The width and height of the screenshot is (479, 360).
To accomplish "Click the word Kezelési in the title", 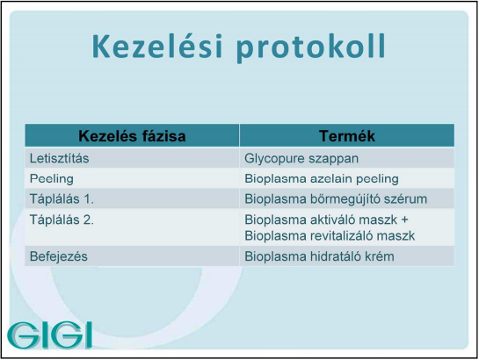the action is point(157,46).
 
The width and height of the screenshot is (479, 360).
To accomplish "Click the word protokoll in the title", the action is point(311,47).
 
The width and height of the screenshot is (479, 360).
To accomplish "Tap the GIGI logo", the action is point(49,335).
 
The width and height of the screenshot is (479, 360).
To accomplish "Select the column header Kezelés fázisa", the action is point(132,136).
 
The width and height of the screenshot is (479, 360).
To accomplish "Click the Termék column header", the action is point(347,136).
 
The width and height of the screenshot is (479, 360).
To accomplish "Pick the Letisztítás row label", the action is point(59,158).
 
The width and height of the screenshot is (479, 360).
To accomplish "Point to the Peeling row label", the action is point(52,179).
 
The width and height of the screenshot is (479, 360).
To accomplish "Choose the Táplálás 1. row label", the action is point(62,199).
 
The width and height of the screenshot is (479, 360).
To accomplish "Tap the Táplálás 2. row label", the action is point(62,220).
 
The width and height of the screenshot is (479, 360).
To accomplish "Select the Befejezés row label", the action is point(59,256).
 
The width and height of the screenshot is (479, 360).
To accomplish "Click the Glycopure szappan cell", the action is point(301,159).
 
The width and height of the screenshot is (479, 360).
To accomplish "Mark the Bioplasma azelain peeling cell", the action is point(322,179).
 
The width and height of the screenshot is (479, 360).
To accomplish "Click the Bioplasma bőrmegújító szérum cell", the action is point(336,199).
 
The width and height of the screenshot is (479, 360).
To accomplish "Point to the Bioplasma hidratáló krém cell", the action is point(319,256).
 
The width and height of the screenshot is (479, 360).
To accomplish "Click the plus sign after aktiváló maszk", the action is point(405,220).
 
